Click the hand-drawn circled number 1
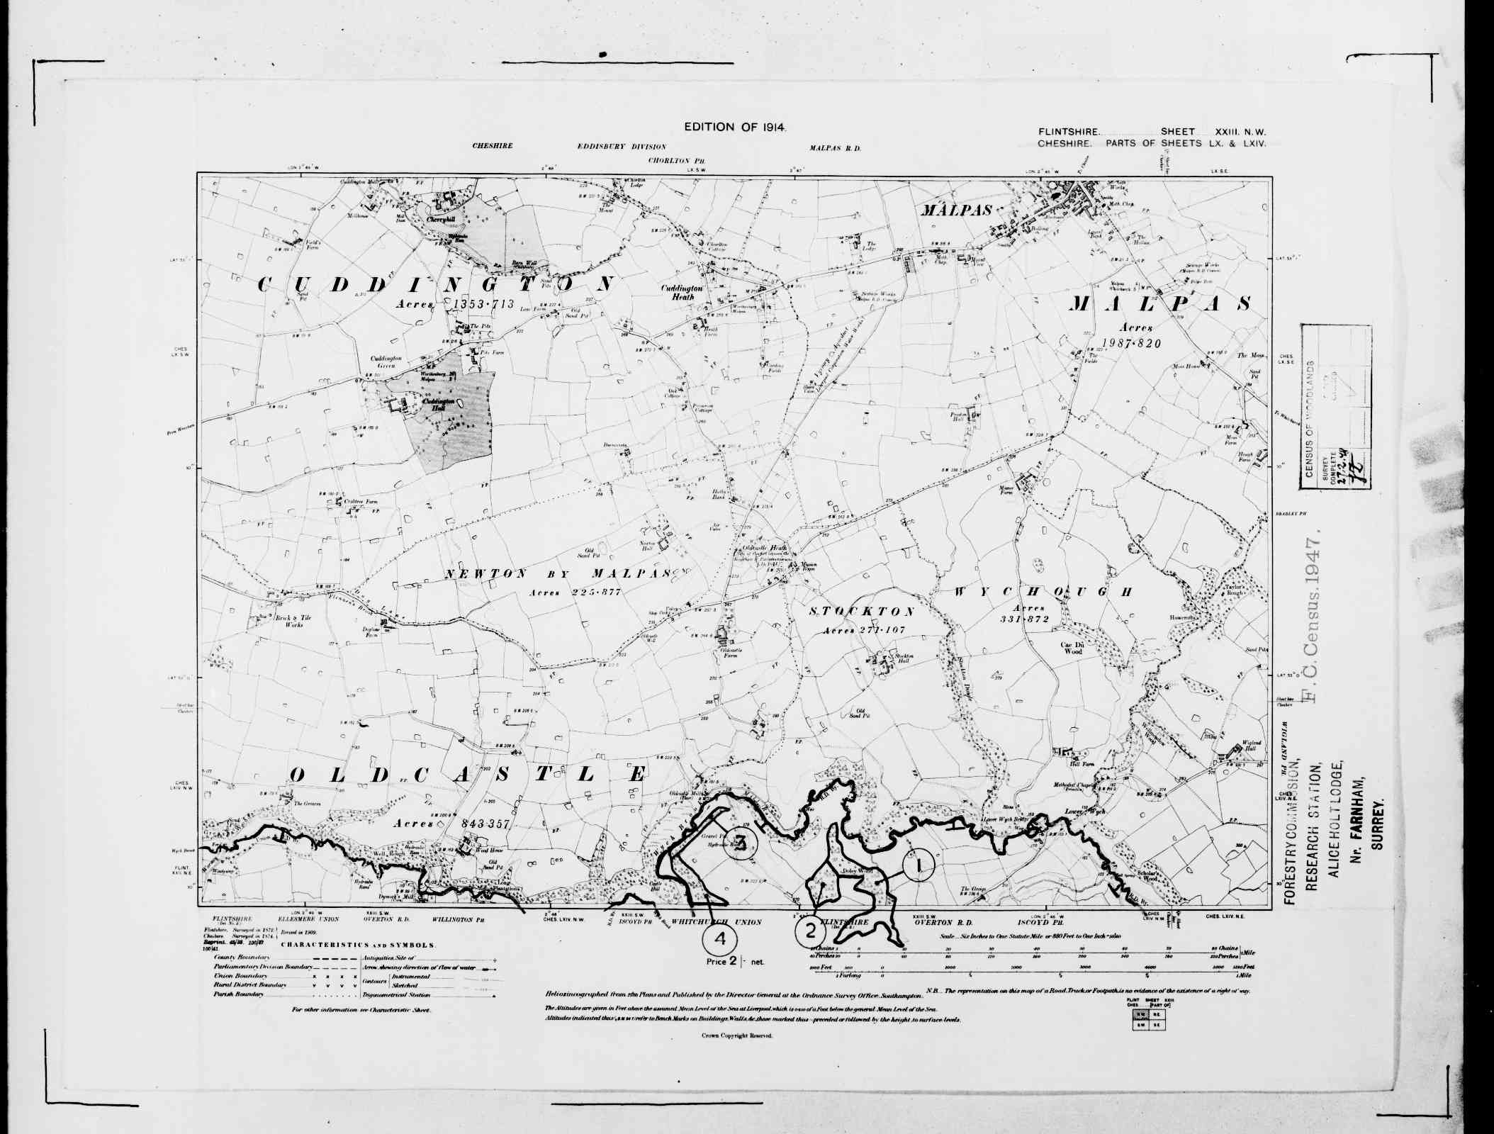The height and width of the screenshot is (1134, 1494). pyautogui.click(x=919, y=865)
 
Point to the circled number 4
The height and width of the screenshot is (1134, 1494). pyautogui.click(x=719, y=940)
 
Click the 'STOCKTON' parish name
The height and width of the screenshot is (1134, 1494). pyautogui.click(x=861, y=611)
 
